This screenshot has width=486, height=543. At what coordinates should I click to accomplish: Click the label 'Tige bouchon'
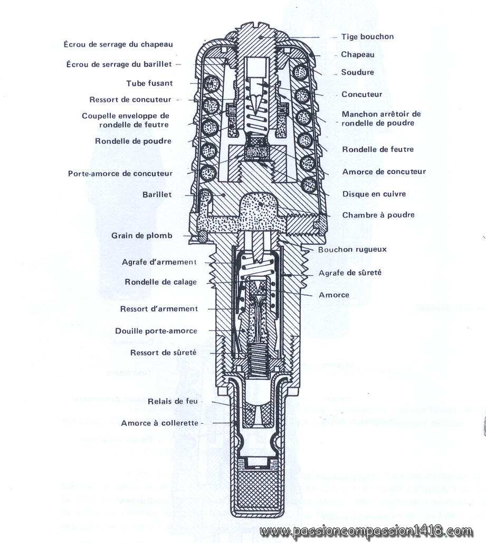click(x=364, y=37)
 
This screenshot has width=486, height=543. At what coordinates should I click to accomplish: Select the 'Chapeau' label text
click(x=357, y=54)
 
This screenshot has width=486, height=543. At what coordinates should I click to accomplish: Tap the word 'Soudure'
click(x=357, y=72)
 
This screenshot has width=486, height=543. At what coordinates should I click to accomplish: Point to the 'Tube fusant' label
click(x=149, y=83)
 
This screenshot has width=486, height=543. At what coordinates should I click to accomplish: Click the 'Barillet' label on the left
click(x=157, y=194)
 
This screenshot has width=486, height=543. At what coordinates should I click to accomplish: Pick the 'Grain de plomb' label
click(x=141, y=236)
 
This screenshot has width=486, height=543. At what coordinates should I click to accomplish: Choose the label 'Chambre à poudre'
click(x=378, y=215)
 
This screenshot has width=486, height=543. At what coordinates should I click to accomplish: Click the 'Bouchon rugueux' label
click(x=352, y=249)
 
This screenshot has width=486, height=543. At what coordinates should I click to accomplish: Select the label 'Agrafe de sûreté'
click(x=350, y=273)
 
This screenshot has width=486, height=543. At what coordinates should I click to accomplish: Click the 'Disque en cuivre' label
click(x=374, y=194)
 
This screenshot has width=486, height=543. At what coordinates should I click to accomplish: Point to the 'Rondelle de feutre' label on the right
click(x=377, y=149)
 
